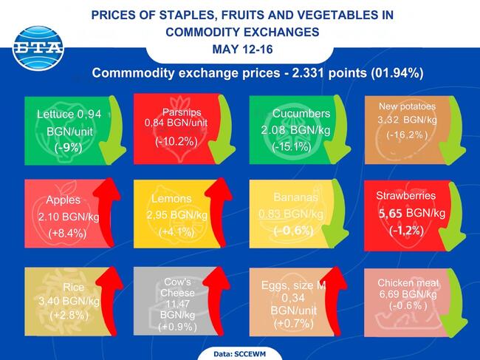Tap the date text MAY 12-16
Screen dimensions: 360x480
[241, 49]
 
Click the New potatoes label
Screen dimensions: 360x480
[407, 106]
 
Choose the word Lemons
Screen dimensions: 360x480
[171, 198]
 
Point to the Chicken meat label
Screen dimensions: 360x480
[408, 283]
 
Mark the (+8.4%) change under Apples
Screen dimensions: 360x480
[66, 233]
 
